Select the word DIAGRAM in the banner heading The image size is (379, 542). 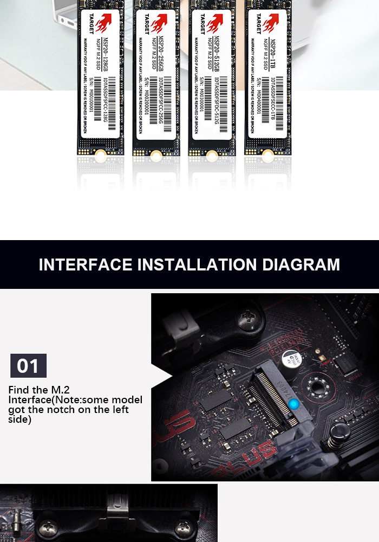coord(301,265)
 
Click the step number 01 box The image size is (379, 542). coord(28,366)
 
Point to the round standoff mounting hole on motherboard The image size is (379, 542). coord(315,386)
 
